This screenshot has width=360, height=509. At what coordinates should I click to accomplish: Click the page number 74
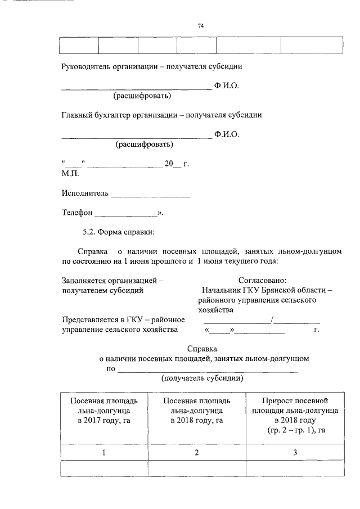[x=200, y=26]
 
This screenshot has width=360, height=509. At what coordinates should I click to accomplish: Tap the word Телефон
[x=76, y=213]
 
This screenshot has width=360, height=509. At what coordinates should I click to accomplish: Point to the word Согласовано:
[x=263, y=280]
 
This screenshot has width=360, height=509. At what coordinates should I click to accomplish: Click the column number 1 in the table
[x=103, y=453]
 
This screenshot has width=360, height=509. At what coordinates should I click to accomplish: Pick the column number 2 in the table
[x=197, y=453]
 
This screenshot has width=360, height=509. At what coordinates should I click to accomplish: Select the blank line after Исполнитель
[x=150, y=196]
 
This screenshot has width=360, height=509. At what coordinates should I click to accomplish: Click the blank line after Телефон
[x=126, y=215]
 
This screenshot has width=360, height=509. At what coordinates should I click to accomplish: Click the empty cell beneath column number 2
[x=197, y=469]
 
